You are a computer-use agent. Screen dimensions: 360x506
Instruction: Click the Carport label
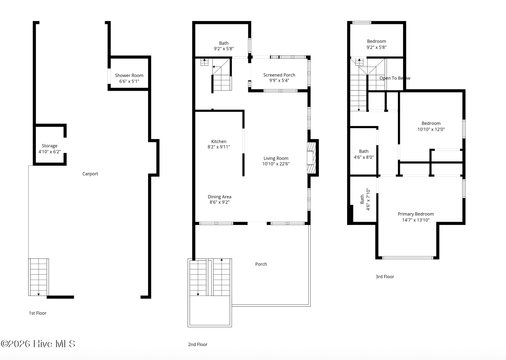90,174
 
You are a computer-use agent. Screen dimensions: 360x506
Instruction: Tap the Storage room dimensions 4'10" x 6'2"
50,152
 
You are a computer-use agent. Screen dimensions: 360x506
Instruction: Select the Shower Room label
129,75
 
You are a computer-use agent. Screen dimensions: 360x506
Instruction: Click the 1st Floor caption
37,313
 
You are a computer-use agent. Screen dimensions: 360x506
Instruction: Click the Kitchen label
219,141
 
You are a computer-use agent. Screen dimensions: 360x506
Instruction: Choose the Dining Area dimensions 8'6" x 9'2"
220,202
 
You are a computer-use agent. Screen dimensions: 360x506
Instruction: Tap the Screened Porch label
279,75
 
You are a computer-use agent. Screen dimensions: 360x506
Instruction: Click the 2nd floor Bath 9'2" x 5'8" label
224,43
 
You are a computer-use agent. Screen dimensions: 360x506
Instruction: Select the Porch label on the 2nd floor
261,264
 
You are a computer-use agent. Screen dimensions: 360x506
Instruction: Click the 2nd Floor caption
198,344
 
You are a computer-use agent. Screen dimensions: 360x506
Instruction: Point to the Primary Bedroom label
416,214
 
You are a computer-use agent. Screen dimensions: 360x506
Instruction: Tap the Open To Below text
395,78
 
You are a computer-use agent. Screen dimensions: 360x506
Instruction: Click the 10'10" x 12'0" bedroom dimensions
431,129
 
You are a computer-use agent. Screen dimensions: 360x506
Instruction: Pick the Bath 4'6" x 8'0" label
364,151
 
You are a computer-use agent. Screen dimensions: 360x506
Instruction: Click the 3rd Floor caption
385,277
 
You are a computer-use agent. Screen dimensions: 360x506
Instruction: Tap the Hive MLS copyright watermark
38,344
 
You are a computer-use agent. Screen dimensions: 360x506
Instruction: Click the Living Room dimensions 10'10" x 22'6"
276,164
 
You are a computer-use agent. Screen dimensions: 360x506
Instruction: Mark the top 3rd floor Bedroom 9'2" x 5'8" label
376,41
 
